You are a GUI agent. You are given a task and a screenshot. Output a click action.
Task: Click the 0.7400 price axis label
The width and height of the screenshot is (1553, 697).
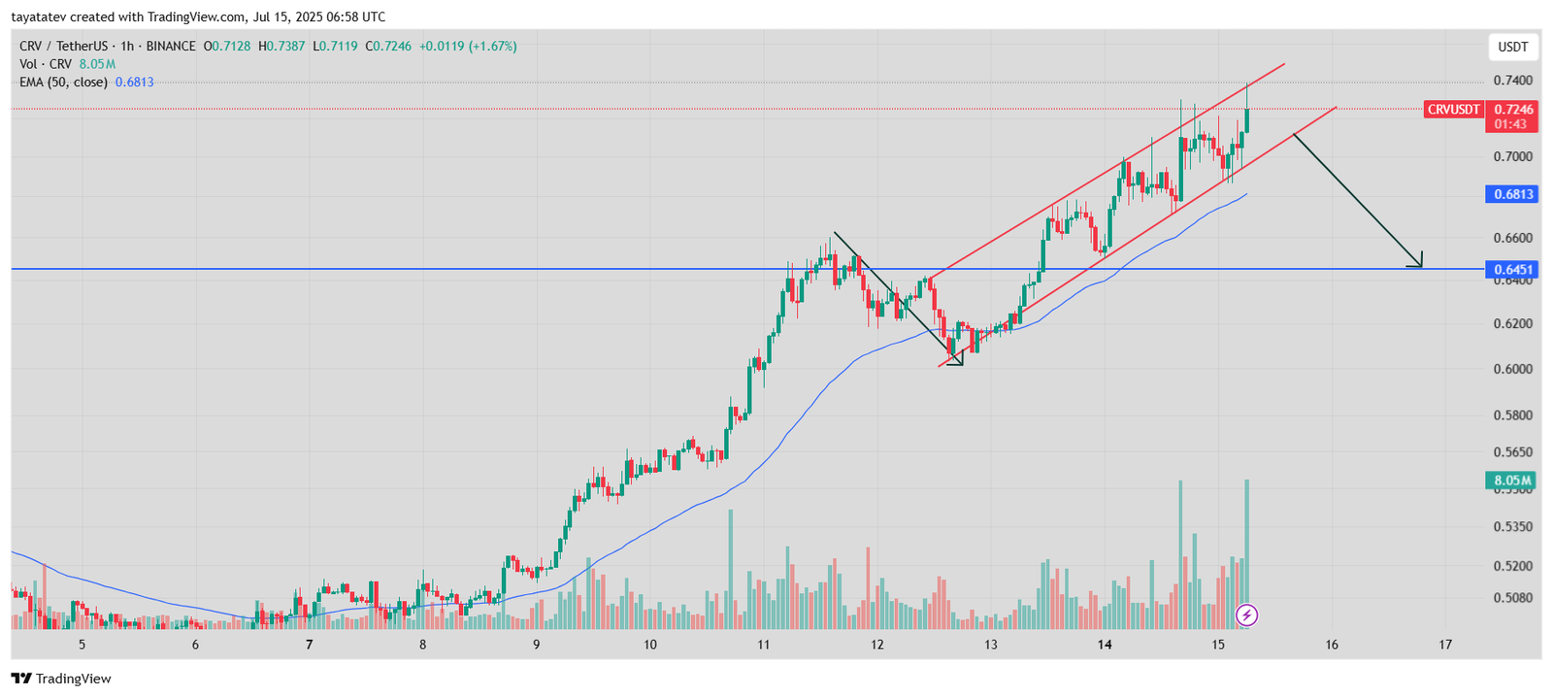tap(1512, 81)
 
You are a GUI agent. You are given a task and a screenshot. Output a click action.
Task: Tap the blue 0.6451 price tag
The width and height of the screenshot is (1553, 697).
tap(1512, 270)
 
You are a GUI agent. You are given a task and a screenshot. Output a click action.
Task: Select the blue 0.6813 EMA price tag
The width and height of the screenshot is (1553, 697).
tap(1512, 194)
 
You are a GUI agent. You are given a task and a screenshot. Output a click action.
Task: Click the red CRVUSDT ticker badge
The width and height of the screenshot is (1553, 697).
tap(1453, 110)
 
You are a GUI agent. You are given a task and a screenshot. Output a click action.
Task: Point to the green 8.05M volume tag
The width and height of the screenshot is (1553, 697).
tap(1512, 481)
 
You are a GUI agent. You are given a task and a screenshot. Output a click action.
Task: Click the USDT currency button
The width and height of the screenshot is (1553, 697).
tap(1512, 47)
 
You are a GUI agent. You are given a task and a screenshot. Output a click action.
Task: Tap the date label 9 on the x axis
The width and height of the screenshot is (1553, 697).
tap(536, 645)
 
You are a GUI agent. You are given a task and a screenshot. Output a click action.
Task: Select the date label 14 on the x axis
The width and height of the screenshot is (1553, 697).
tap(1105, 645)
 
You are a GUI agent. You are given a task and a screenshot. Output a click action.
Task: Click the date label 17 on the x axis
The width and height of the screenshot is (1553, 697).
tap(1445, 645)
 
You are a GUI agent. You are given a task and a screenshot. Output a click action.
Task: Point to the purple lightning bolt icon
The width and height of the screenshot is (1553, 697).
tap(1246, 614)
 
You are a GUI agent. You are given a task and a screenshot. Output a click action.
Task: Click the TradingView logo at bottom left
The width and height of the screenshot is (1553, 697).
tap(61, 679)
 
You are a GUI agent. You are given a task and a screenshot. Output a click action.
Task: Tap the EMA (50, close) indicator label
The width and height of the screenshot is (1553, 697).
tap(63, 83)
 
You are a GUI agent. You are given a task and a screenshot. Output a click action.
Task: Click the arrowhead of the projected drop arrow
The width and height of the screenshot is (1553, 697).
tap(1418, 262)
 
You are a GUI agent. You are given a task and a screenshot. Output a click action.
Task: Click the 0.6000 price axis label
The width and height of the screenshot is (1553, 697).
tap(1512, 369)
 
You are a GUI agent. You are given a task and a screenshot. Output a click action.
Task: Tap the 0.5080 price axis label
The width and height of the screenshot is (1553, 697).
tap(1512, 598)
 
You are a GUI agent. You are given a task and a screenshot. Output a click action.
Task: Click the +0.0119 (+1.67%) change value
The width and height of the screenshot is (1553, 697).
tap(467, 46)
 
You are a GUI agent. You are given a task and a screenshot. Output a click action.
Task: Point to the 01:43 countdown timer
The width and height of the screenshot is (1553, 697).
tap(1510, 124)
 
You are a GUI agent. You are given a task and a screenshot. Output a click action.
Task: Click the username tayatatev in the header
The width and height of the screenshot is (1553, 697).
tap(38, 17)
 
